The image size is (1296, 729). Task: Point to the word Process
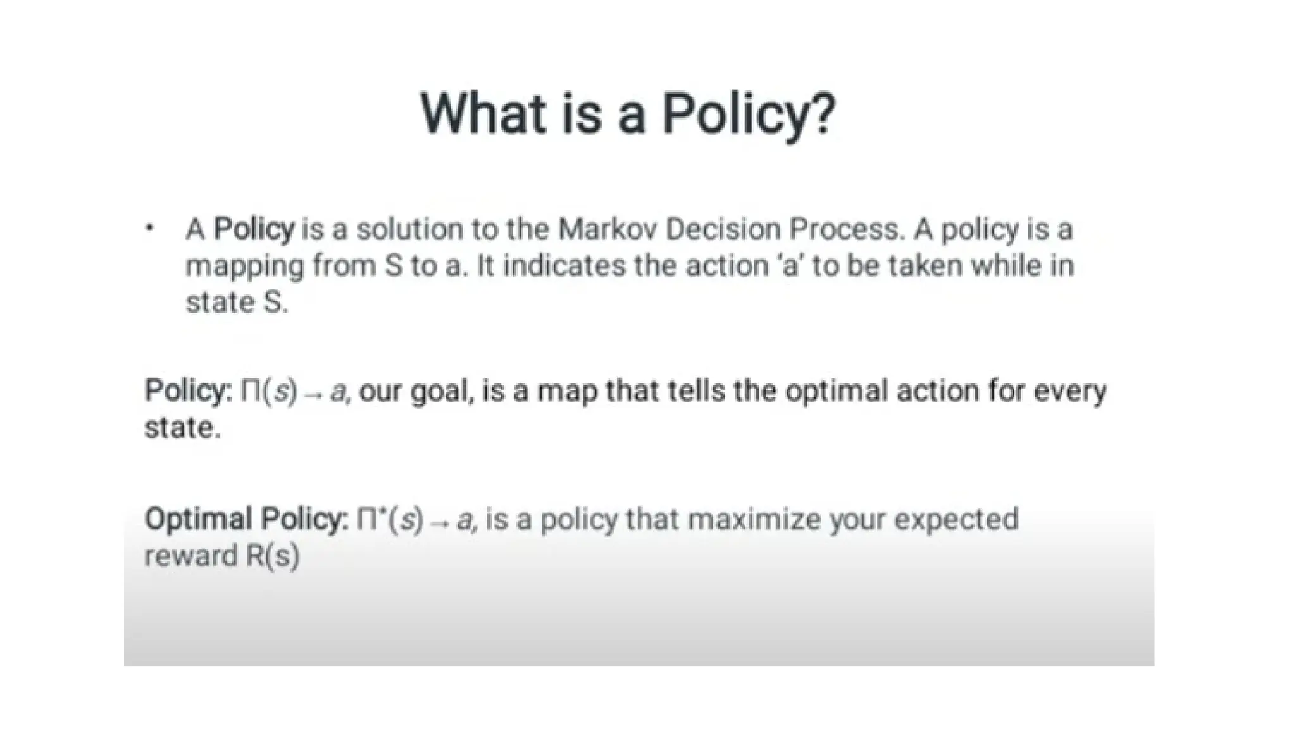(x=845, y=228)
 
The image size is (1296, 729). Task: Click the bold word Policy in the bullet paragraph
(x=254, y=228)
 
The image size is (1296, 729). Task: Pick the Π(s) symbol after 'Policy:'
(x=268, y=390)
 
